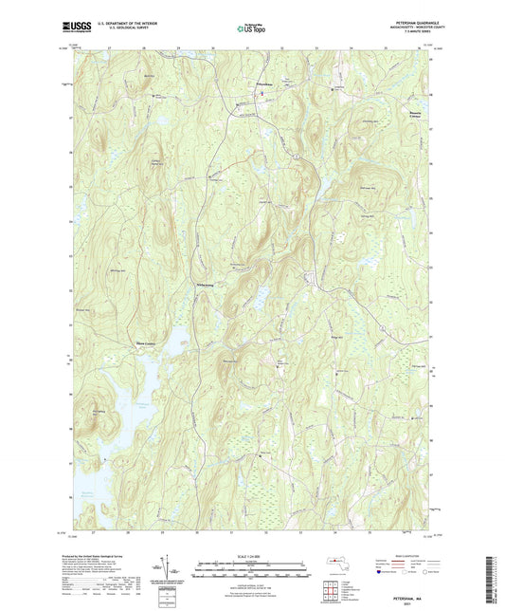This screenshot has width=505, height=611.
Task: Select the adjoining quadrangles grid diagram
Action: [x=331, y=589]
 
